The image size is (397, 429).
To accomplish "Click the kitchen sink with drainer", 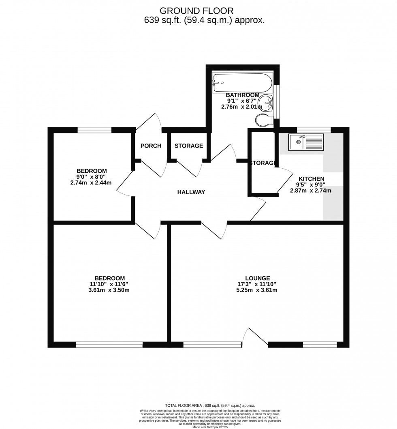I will click(x=306, y=142).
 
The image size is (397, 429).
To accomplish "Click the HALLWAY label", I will click(x=191, y=192).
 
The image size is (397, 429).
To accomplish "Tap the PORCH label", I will click(x=151, y=146).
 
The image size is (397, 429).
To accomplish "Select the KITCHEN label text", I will click(x=311, y=178).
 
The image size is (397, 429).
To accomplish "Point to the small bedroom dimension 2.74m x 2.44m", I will click(x=91, y=182).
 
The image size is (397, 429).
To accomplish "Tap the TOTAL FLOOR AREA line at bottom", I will click(x=210, y=405).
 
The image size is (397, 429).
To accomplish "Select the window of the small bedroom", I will click(x=94, y=130).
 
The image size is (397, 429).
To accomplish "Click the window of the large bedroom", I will click(x=109, y=345).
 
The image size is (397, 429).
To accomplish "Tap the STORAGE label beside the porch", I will click(x=189, y=146).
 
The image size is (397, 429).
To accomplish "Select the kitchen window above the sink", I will click(x=314, y=130).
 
